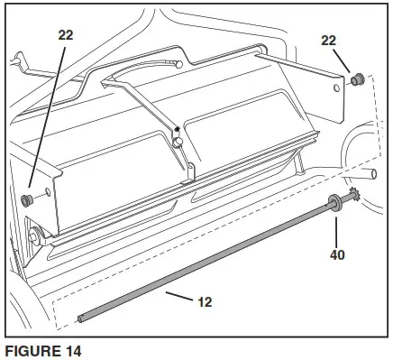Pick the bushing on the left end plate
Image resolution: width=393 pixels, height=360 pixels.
pos(28,198)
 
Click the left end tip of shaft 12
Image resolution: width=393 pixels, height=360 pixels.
pos(80,318)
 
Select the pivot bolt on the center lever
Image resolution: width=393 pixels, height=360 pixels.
pos(178,141)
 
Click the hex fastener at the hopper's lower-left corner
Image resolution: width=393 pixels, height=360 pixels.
pos(34,237)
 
